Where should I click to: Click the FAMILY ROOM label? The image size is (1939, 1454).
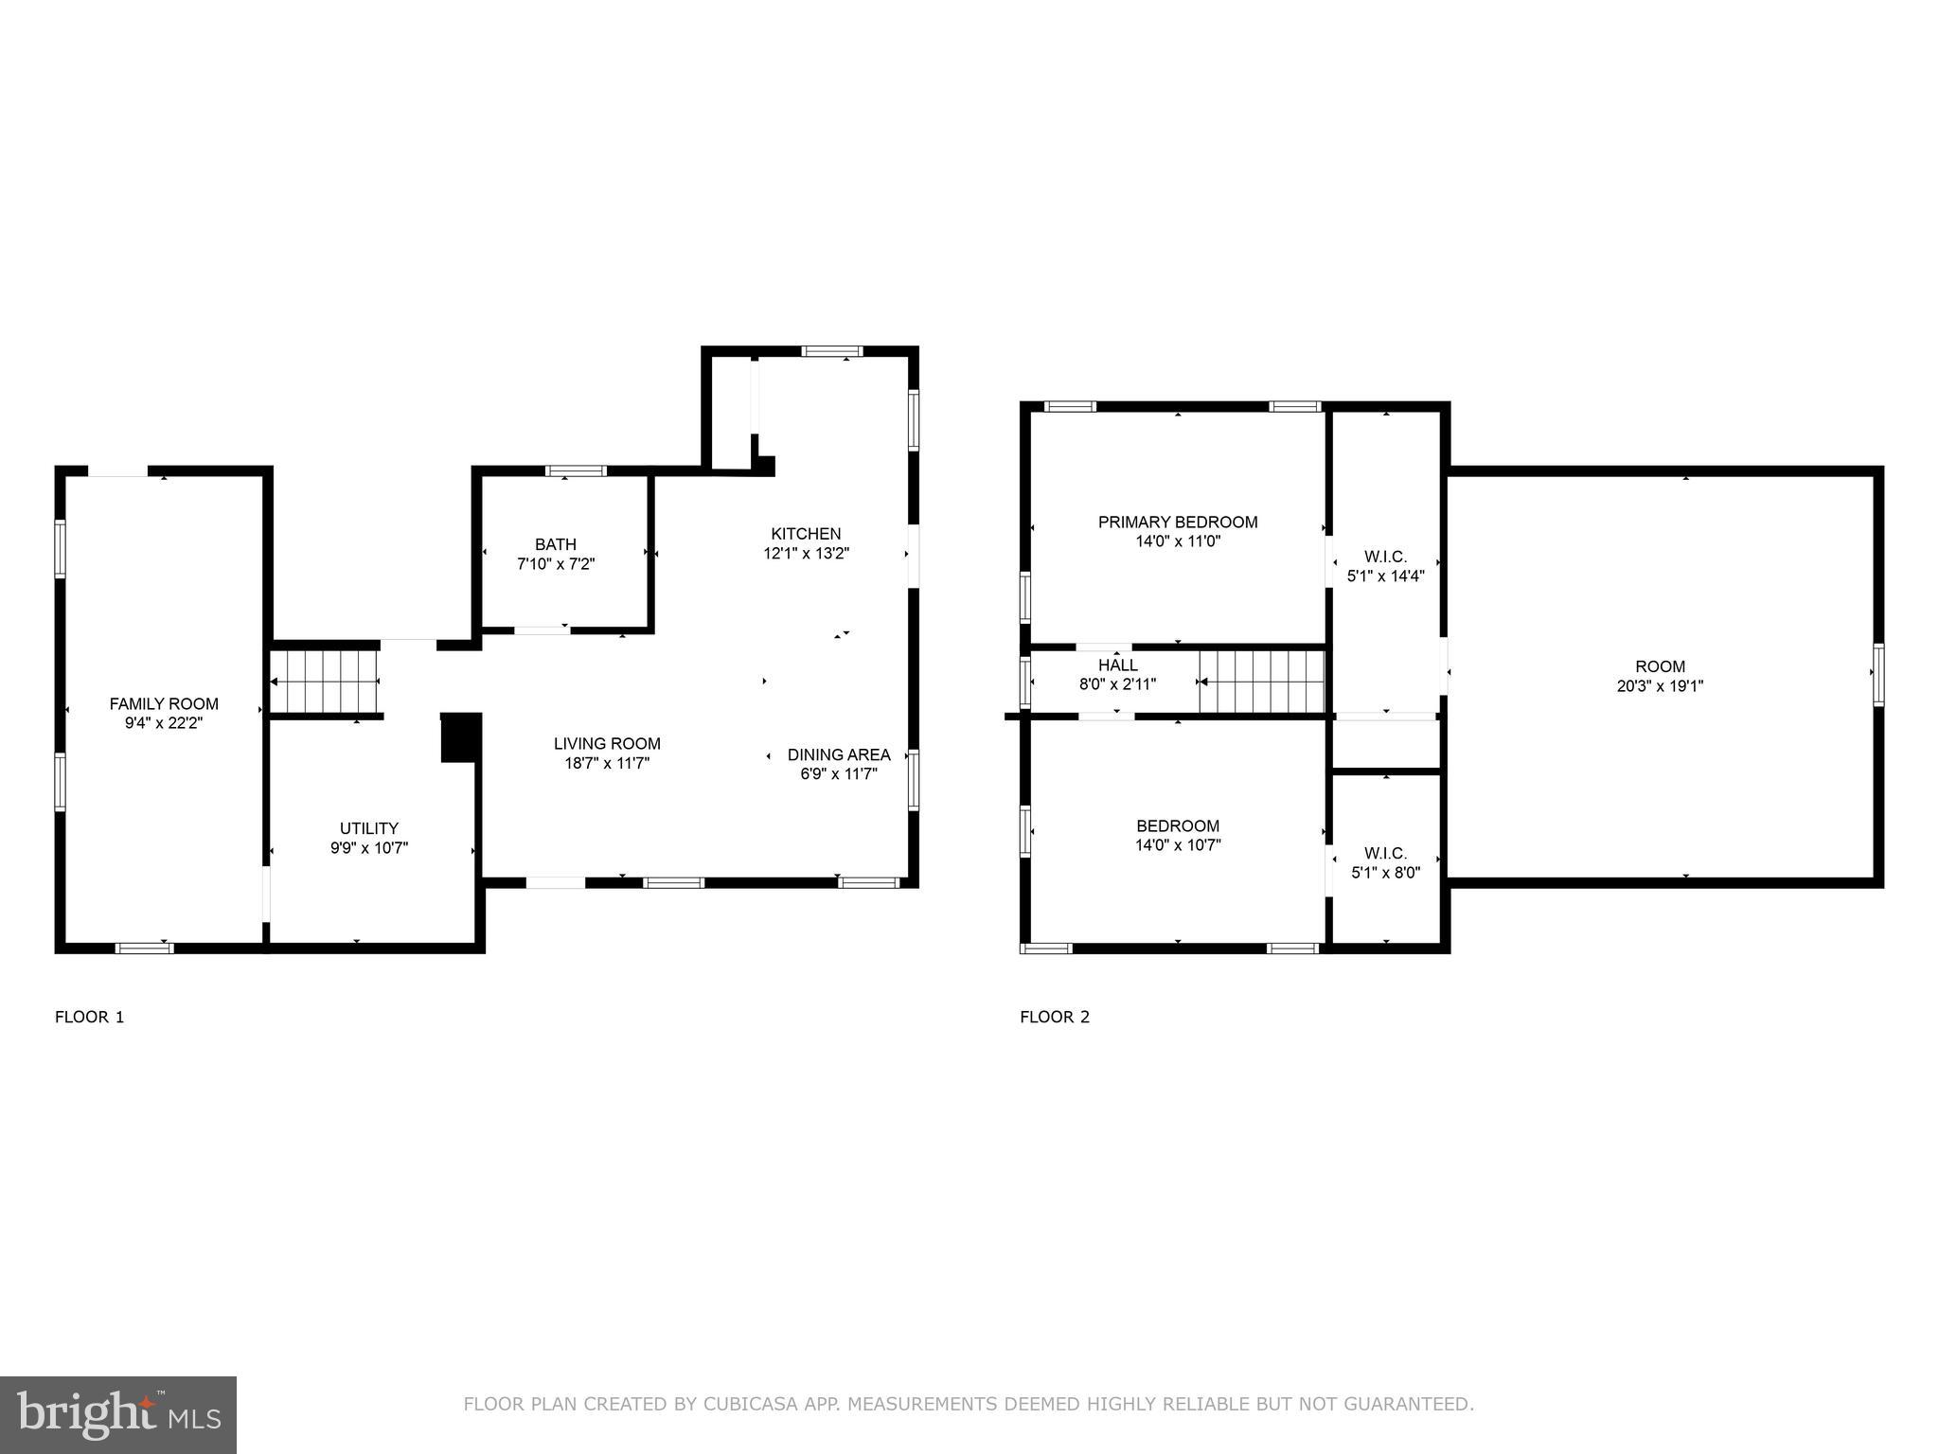click(x=164, y=703)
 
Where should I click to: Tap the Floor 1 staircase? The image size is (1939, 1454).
click(x=325, y=681)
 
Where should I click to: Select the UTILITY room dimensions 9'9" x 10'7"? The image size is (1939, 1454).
click(x=368, y=848)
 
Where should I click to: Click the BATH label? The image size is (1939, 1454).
click(x=555, y=544)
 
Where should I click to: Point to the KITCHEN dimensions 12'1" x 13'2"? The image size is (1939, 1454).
click(x=806, y=554)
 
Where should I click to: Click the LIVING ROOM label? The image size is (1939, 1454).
click(x=607, y=744)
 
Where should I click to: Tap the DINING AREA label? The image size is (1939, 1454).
click(x=839, y=754)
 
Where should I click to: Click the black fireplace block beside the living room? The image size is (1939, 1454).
click(x=461, y=737)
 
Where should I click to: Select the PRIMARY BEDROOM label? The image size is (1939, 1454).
click(x=1177, y=522)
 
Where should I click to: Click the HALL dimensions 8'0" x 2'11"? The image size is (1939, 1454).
click(x=1117, y=684)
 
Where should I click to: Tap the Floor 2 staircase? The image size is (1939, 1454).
click(x=1262, y=682)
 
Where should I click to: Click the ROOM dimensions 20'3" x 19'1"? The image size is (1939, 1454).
click(x=1659, y=686)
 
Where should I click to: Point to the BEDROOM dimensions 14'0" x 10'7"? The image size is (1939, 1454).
click(x=1178, y=845)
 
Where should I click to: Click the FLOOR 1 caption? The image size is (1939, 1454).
click(x=90, y=1018)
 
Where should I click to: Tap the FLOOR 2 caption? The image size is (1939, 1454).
click(x=1054, y=1018)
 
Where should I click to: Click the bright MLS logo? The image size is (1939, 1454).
click(x=118, y=1414)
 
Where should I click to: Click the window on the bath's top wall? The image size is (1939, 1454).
click(x=576, y=470)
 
